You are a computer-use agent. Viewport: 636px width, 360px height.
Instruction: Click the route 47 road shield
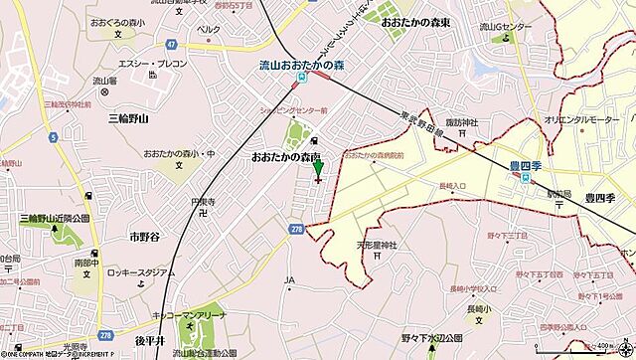[171, 45]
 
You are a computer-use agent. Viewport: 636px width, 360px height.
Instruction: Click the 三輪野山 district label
[127, 117]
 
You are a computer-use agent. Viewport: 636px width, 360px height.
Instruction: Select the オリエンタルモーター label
[586, 118]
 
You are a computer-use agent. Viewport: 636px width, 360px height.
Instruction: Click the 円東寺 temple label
[203, 198]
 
